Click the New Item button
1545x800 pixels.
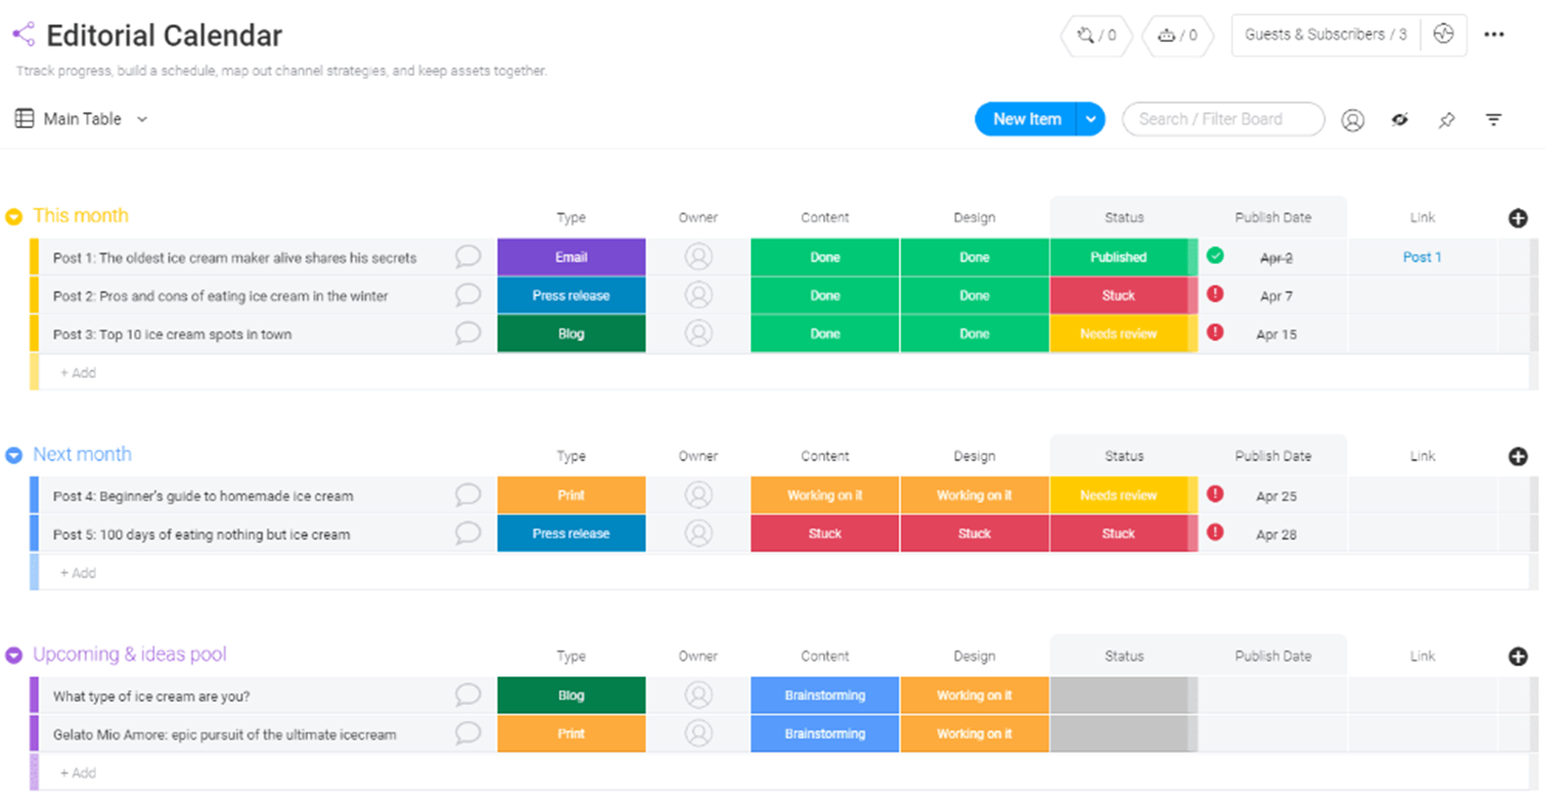click(1026, 119)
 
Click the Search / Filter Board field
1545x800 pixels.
click(1222, 119)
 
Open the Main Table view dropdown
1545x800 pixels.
click(142, 119)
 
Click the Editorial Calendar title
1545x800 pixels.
click(164, 36)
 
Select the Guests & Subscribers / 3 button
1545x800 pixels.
click(1325, 35)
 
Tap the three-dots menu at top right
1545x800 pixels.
click(1494, 35)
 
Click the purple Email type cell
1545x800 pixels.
click(571, 258)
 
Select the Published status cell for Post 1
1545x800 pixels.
click(1118, 258)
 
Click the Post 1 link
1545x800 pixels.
click(1421, 258)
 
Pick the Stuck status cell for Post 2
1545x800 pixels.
click(1118, 296)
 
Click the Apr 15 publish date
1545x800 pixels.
click(1276, 334)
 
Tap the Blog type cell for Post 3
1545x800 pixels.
click(571, 334)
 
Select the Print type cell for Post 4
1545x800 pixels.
click(571, 495)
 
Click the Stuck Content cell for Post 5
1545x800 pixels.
click(825, 533)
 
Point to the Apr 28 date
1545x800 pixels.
click(1276, 534)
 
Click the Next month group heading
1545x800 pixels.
click(82, 455)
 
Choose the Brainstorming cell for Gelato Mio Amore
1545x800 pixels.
click(825, 733)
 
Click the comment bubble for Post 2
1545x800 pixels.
click(467, 295)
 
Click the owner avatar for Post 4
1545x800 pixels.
click(698, 495)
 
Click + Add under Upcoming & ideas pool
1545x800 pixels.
click(78, 773)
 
